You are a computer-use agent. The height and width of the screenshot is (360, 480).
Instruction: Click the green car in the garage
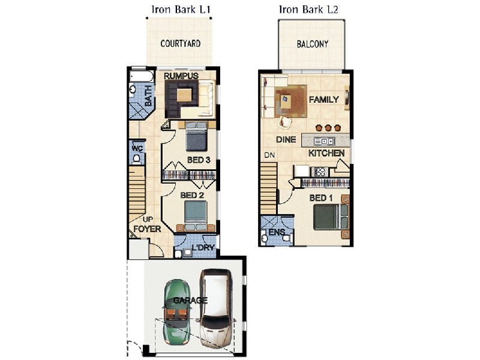pyautogui.click(x=177, y=312)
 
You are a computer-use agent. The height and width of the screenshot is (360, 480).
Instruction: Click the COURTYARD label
pyautogui.click(x=181, y=44)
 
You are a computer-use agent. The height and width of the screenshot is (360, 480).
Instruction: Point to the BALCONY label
pyautogui.click(x=312, y=44)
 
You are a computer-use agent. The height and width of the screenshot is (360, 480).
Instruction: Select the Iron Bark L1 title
pyautogui.click(x=181, y=10)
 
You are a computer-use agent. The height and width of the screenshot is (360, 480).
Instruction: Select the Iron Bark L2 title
pyautogui.click(x=308, y=10)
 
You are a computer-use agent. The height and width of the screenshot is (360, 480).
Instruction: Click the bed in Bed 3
pyautogui.click(x=197, y=136)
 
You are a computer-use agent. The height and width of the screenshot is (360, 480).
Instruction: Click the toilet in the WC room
pyautogui.click(x=137, y=158)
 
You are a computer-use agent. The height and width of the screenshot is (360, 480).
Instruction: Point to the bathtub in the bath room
pyautogui.click(x=142, y=77)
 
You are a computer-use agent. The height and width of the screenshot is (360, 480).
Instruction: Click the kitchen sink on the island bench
pyautogui.click(x=324, y=141)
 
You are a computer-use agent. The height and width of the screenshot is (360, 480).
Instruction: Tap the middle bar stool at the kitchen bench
pyautogui.click(x=328, y=127)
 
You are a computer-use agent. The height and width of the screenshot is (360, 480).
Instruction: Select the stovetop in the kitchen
pyautogui.click(x=320, y=172)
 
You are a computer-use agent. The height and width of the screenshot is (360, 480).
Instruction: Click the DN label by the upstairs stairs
pyautogui.click(x=269, y=155)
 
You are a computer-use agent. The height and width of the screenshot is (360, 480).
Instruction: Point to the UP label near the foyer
pyautogui.click(x=148, y=220)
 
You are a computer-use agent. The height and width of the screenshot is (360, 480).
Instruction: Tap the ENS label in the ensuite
pyautogui.click(x=277, y=232)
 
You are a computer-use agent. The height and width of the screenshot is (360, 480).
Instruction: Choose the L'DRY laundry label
pyautogui.click(x=203, y=247)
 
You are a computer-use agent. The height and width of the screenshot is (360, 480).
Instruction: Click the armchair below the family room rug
pyautogui.click(x=286, y=122)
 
